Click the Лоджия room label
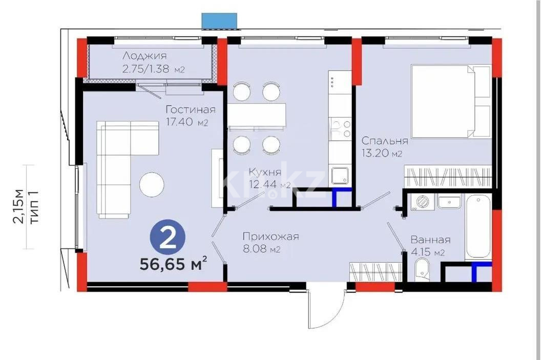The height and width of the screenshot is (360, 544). [x=144, y=56]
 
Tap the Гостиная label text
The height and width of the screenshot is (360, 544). [x=190, y=110]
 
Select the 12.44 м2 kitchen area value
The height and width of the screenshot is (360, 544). [x=269, y=184]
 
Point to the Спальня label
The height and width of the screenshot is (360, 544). [x=385, y=141]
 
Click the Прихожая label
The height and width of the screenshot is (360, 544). [x=270, y=237]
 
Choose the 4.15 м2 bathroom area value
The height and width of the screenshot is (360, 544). [x=427, y=252]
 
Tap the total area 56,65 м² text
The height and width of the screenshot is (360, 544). [x=174, y=265]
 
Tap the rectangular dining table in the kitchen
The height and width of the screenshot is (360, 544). [x=256, y=116]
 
